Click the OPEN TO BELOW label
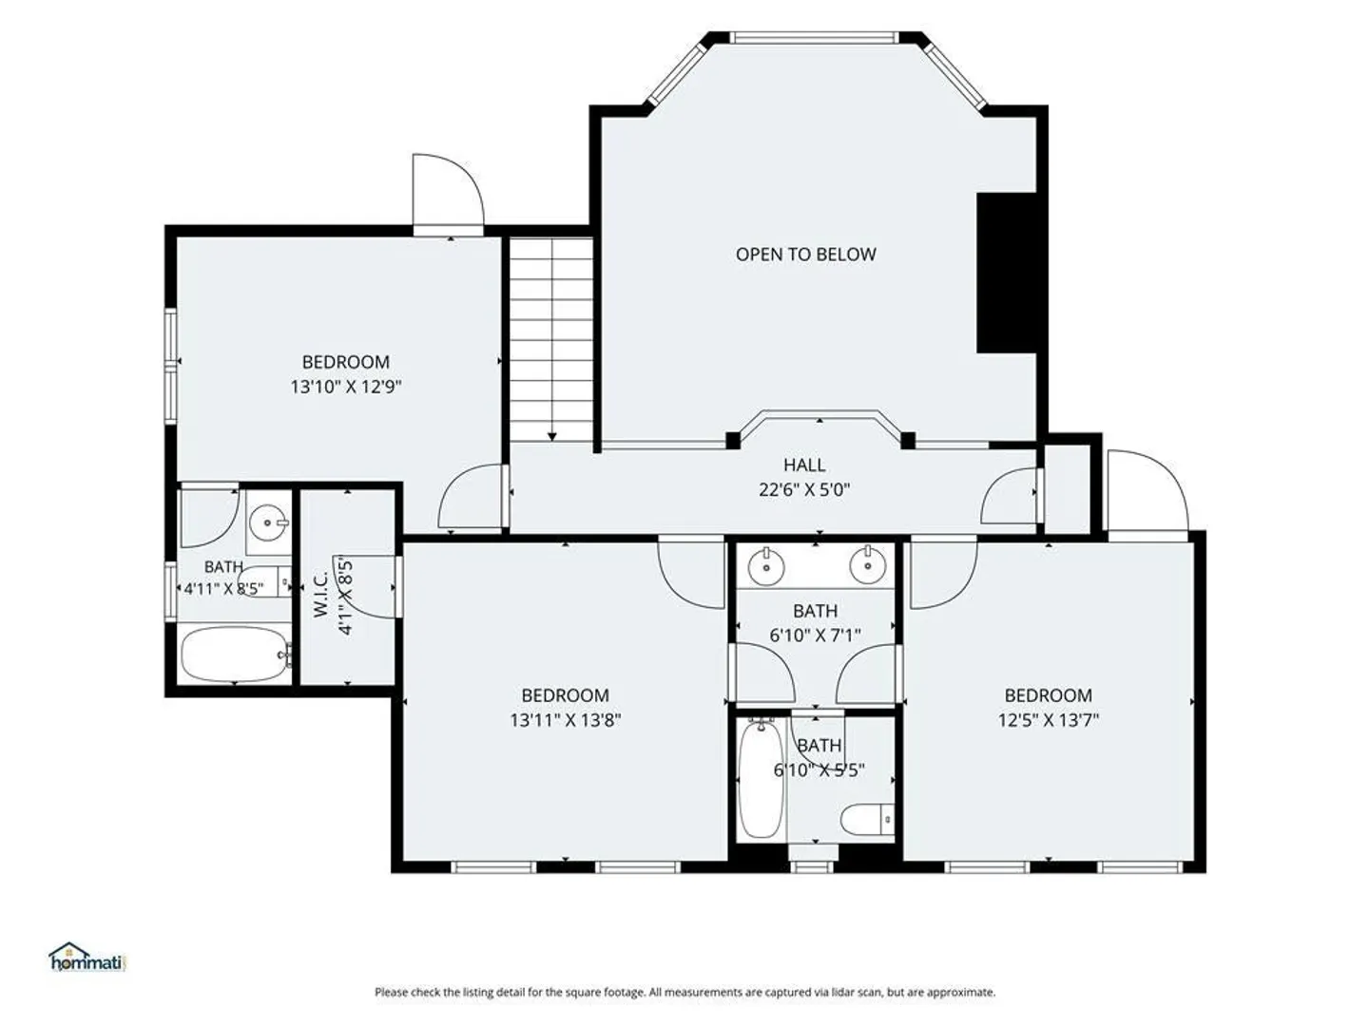click(x=805, y=255)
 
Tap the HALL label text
click(x=804, y=465)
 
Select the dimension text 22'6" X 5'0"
click(x=804, y=489)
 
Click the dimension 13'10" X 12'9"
click(x=345, y=387)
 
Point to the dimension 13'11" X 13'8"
click(x=565, y=720)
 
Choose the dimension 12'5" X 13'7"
click(x=1048, y=720)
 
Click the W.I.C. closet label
click(x=320, y=597)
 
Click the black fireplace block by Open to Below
click(x=1006, y=273)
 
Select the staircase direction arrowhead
click(x=552, y=437)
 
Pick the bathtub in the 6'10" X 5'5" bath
click(x=761, y=778)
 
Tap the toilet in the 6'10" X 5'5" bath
click(x=867, y=819)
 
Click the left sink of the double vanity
click(x=764, y=566)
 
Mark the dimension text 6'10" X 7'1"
click(x=815, y=636)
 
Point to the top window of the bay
click(x=815, y=37)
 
